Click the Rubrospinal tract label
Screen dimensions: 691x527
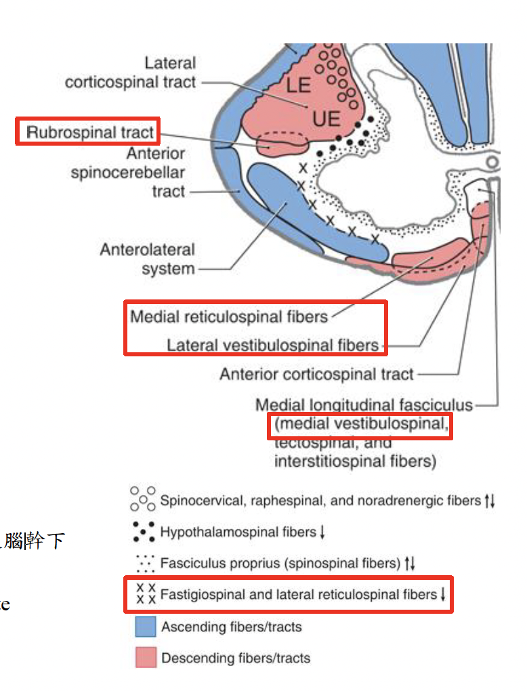pos(90,131)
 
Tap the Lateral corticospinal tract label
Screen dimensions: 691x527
pos(131,72)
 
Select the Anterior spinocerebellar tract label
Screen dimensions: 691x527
pos(128,173)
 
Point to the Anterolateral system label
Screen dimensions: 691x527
pos(147,259)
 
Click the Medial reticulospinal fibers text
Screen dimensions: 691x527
pos(229,316)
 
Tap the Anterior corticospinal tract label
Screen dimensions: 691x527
pos(316,374)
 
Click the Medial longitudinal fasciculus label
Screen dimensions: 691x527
pos(364,405)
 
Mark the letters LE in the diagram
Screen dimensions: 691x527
pos(298,86)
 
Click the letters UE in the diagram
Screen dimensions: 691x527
pos(326,120)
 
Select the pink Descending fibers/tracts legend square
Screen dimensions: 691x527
pos(145,657)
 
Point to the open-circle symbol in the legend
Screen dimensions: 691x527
pos(142,499)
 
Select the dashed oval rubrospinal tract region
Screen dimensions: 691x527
pos(283,141)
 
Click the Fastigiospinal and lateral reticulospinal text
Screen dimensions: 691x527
pos(298,594)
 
